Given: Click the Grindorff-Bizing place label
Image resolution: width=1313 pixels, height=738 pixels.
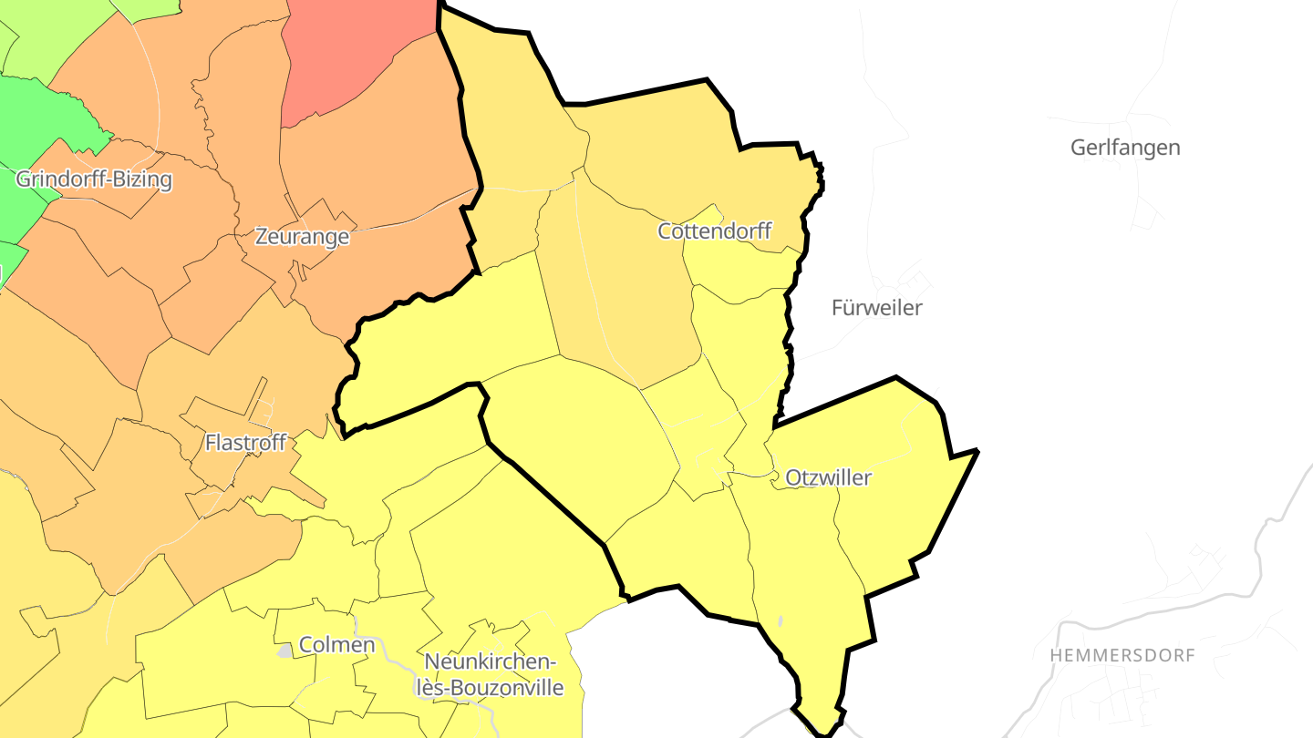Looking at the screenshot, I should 94,179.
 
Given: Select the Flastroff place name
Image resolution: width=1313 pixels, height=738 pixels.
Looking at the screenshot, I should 246,443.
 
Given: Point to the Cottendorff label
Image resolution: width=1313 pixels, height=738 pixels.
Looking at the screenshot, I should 715,231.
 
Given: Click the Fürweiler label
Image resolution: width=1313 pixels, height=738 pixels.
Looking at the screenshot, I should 876,308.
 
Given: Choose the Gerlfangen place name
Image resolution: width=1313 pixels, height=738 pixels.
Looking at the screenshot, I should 1125,148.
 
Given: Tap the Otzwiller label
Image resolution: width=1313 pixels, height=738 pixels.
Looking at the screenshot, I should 828,477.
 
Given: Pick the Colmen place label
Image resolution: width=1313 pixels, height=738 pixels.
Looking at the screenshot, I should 337,645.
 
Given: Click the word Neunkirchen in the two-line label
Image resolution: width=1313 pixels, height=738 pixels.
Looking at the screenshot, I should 491,662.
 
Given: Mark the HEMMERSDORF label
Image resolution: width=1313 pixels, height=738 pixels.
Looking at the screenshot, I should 1122,656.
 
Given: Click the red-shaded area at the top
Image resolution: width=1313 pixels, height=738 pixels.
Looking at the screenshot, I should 356,55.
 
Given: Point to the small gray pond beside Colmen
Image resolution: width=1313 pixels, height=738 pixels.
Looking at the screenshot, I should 285,651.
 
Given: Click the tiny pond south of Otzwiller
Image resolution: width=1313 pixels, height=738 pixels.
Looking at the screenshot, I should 781,622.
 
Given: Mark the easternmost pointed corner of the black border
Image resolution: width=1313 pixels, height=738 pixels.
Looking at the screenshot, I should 977,451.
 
